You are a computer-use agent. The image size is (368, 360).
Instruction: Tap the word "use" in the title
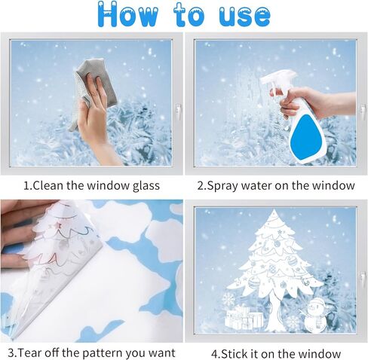[x=244, y=17]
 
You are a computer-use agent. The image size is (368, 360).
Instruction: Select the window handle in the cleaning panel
[x=179, y=111]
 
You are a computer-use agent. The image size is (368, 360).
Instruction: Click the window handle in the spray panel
[x=362, y=111]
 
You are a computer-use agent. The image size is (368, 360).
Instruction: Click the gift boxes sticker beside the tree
[x=244, y=317]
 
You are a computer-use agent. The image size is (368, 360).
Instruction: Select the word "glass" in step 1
[x=146, y=186]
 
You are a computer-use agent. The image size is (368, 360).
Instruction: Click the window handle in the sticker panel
[x=362, y=279]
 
